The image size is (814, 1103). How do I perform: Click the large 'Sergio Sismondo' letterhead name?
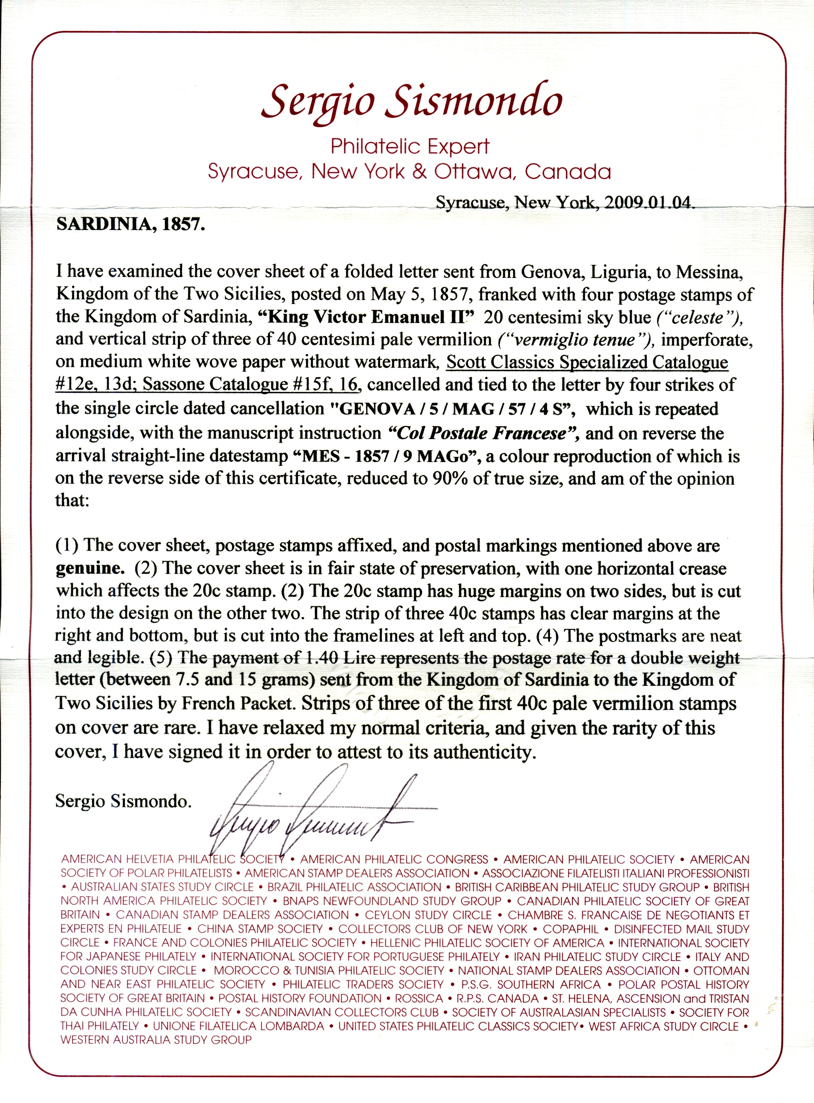(412, 101)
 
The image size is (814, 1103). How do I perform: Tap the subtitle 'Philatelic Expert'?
(410, 146)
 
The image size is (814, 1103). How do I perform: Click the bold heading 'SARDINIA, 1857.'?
(130, 225)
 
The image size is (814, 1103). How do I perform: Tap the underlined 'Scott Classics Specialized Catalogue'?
(587, 362)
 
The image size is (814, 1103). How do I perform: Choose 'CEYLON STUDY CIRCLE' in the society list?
(428, 915)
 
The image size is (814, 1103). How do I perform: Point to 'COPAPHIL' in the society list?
(571, 929)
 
